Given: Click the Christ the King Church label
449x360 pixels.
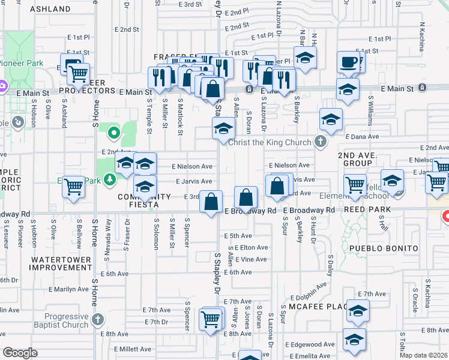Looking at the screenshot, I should point(267,142).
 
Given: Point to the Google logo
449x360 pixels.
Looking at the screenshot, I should point(19,352).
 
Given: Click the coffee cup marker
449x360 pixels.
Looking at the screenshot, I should point(349,61).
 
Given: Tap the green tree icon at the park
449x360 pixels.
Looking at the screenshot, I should point(109,179).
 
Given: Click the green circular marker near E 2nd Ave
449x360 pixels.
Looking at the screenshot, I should point(113,132).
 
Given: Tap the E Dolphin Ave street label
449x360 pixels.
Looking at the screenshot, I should point(313,297).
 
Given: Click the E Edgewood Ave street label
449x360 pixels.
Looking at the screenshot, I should point(310,344).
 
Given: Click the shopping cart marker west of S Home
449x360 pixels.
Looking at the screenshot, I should point(73,186).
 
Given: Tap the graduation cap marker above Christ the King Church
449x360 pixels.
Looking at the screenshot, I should point(223,128).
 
